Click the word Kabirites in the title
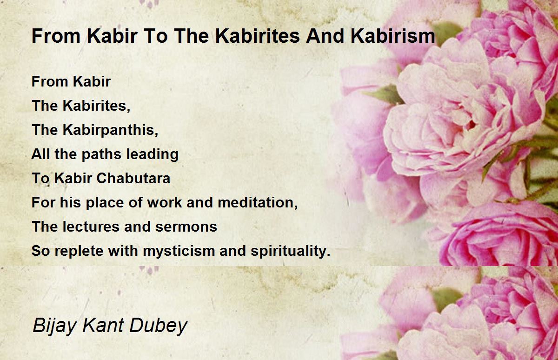[258, 36]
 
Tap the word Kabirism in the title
[393, 36]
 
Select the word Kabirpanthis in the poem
[110, 130]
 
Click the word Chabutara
[133, 178]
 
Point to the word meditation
[258, 202]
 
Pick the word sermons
[186, 227]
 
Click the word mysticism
[179, 251]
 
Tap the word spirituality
[291, 251]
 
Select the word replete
[79, 251]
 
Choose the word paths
[101, 154]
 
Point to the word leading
[153, 154]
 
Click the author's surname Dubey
[159, 326]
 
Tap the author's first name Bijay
[54, 326]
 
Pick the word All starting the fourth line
[40, 154]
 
